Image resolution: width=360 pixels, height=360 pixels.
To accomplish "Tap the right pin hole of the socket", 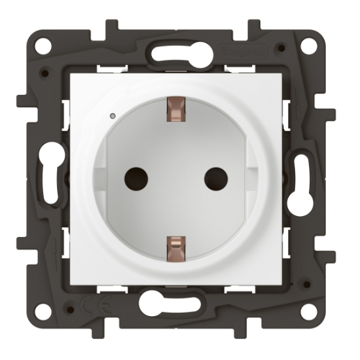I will tap(215, 177).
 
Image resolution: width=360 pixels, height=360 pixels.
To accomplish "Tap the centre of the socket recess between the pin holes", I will tap(175, 177).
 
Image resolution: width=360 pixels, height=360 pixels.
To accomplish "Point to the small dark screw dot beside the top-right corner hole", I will tap(281, 48).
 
